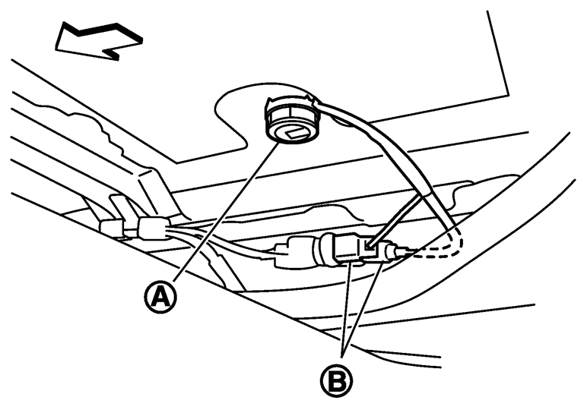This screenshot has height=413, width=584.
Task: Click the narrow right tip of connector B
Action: (396, 251)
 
